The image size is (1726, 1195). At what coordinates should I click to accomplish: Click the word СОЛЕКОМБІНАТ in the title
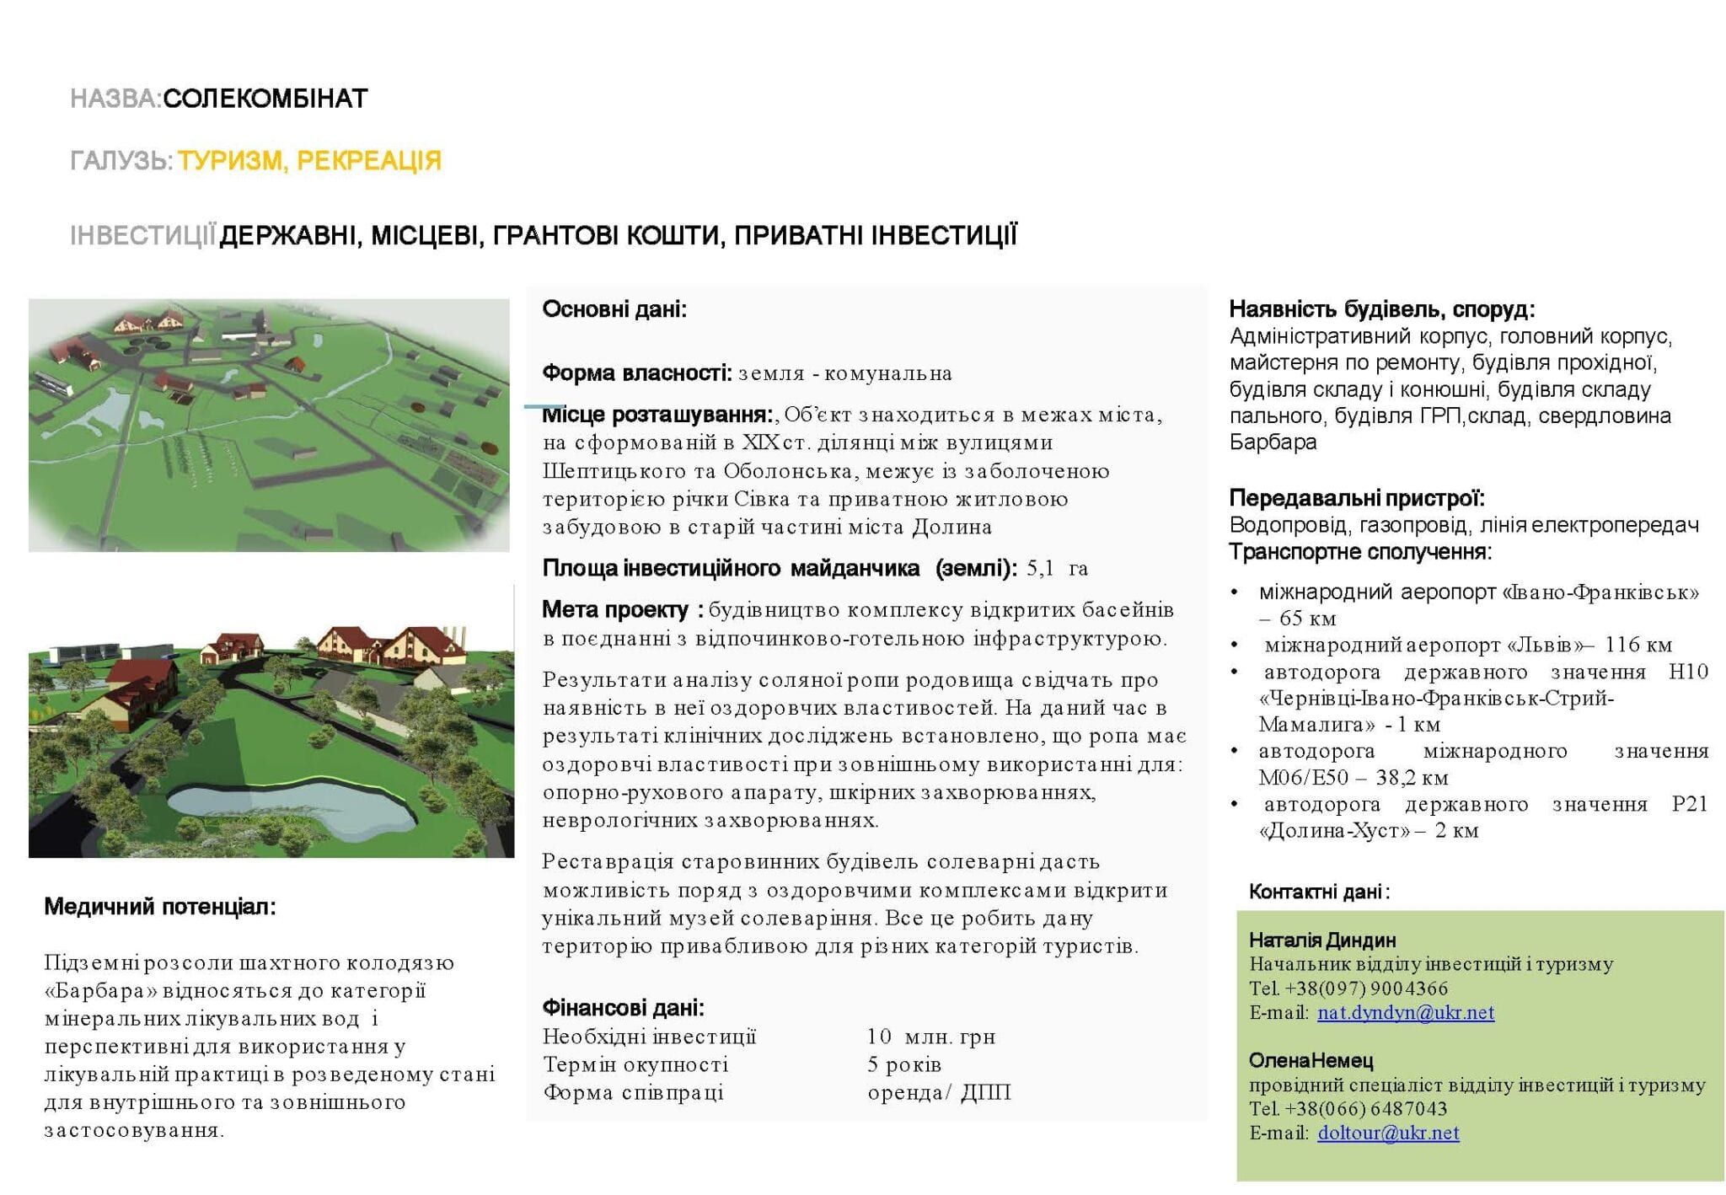(265, 99)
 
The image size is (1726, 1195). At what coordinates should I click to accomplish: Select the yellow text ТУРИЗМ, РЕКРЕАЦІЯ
(309, 160)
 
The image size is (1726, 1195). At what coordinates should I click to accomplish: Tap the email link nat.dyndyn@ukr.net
(1405, 1012)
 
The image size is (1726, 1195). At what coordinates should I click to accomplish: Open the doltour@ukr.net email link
(1388, 1133)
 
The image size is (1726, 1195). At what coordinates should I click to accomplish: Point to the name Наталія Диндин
(1321, 940)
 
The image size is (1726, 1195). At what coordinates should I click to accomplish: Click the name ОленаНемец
(1311, 1060)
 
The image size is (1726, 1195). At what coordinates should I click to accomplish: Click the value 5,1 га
(1057, 568)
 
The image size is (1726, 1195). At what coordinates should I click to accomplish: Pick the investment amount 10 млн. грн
(930, 1037)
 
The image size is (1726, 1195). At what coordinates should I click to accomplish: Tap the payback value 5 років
(903, 1064)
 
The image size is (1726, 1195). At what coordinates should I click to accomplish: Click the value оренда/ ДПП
(939, 1092)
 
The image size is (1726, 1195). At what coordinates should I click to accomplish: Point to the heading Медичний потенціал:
(160, 907)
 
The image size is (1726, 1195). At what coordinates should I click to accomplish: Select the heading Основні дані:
(614, 309)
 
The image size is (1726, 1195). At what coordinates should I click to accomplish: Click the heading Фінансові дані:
(623, 1007)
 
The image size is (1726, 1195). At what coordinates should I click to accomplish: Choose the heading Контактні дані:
(1319, 892)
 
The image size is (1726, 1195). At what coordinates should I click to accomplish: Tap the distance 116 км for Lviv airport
(1638, 645)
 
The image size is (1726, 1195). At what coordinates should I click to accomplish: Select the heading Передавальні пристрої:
(1356, 498)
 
